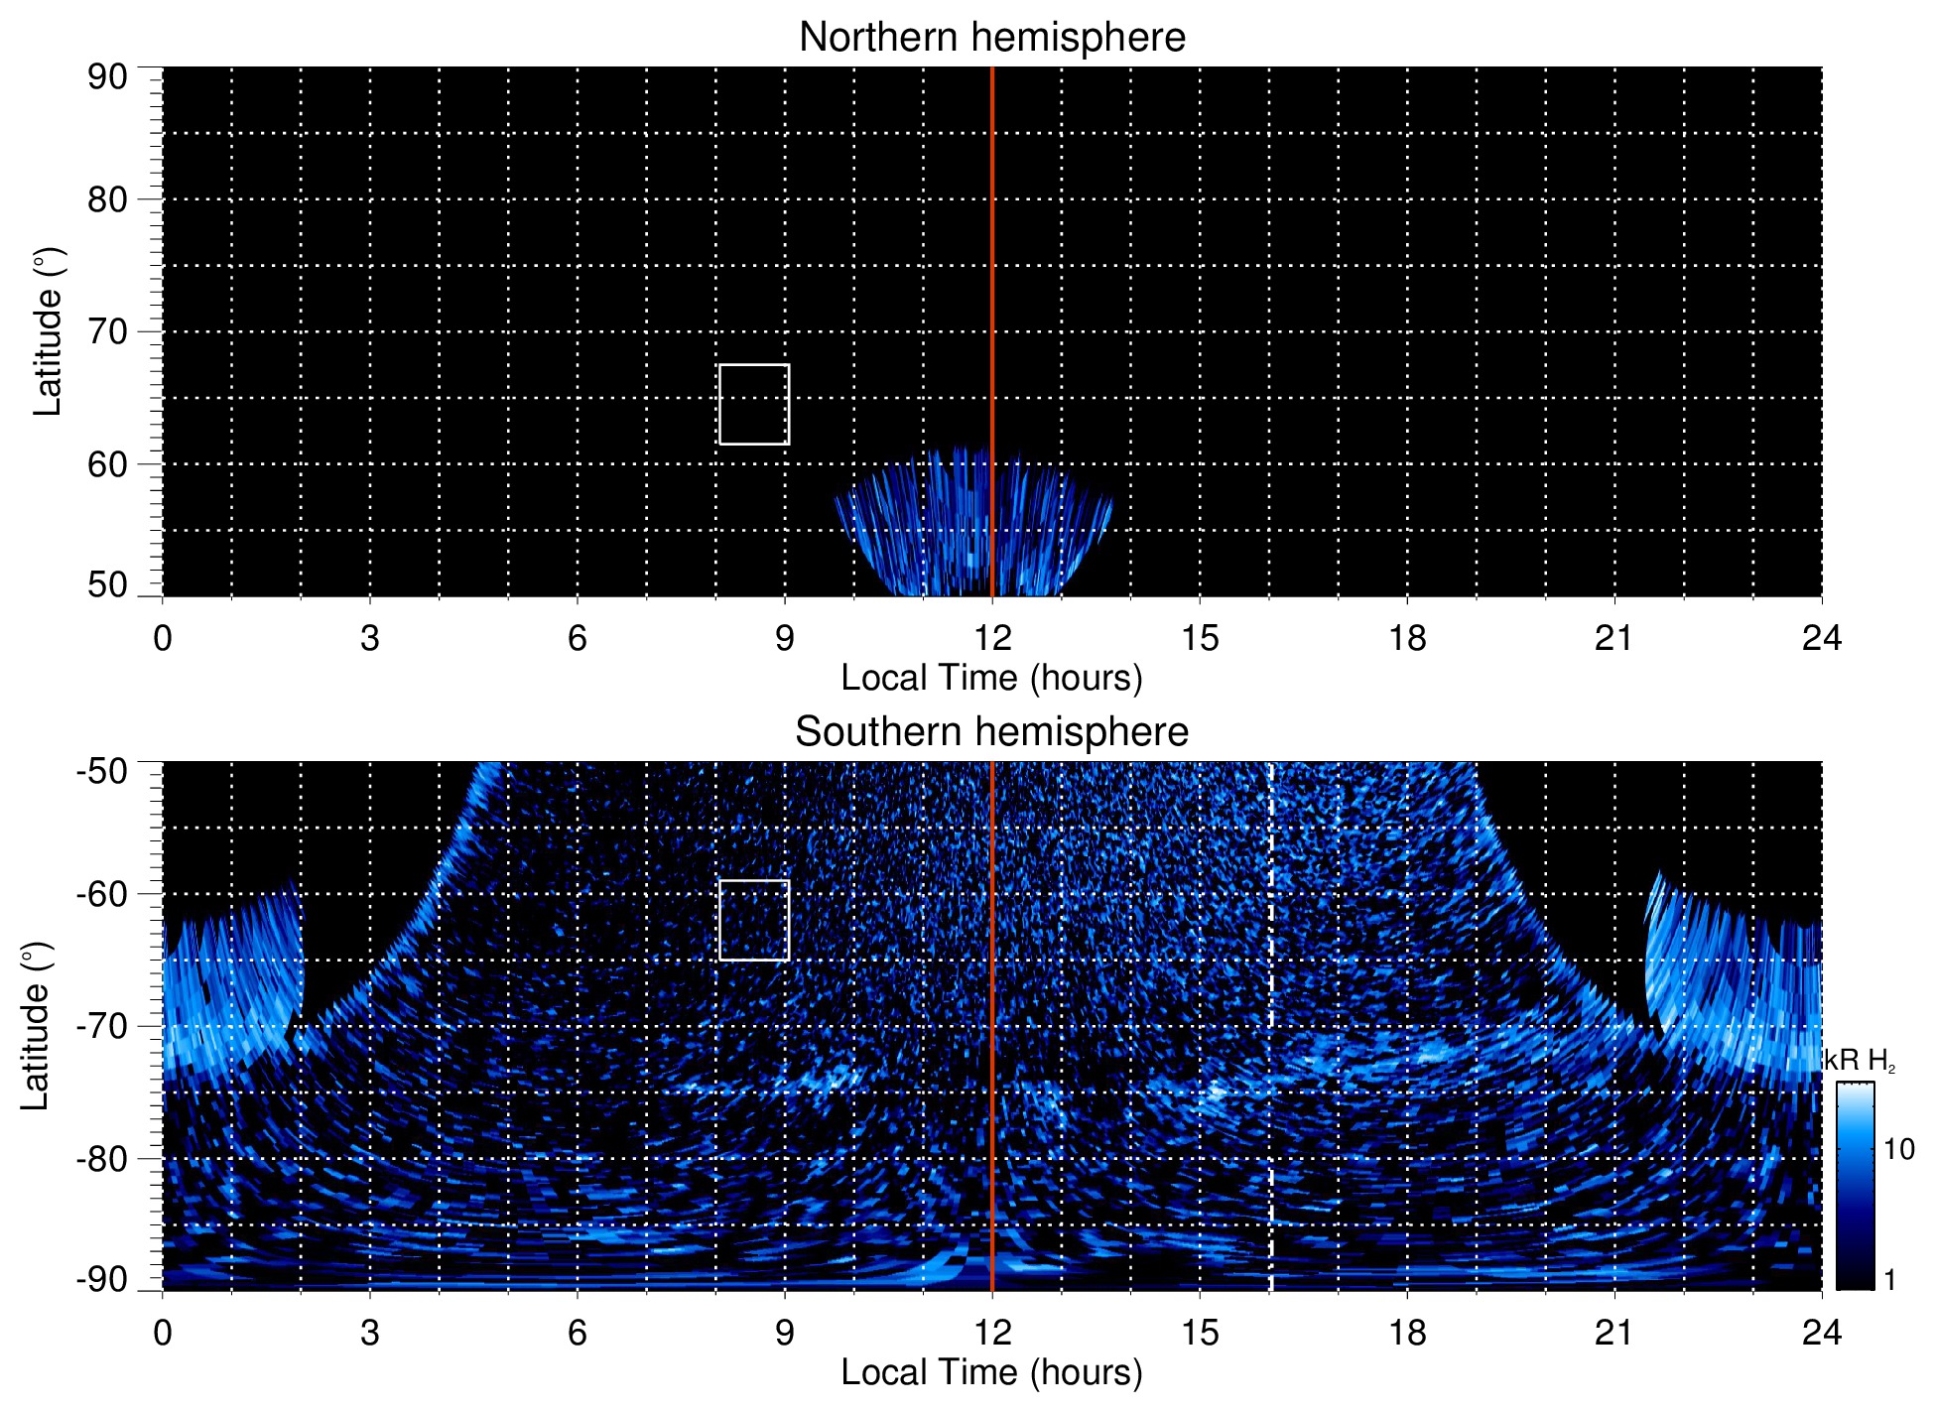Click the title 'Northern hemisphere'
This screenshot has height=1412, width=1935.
[991, 38]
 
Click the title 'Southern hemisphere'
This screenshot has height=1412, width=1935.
[991, 732]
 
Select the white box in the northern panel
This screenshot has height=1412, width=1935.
[754, 405]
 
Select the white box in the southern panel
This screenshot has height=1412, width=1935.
[754, 920]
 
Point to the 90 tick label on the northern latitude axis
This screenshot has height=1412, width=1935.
[107, 77]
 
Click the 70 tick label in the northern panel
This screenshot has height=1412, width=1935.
[107, 331]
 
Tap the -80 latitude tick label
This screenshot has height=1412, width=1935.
[102, 1158]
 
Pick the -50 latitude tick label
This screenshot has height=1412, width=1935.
[102, 771]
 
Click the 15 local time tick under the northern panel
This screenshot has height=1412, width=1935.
[1200, 638]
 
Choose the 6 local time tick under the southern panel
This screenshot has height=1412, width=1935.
[578, 1333]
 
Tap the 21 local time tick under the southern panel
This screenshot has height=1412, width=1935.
[1614, 1333]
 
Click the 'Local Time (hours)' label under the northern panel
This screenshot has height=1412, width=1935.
[991, 678]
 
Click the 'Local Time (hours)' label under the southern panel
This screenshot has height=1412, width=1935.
[991, 1372]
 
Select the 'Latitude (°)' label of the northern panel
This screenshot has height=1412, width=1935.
[48, 331]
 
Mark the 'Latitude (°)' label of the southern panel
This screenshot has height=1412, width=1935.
[36, 1026]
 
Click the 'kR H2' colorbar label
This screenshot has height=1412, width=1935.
[1860, 1062]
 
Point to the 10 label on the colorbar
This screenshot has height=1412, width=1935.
[1898, 1149]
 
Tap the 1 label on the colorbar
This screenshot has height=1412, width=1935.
[1889, 1280]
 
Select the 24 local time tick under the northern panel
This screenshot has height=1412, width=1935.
[1821, 638]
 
